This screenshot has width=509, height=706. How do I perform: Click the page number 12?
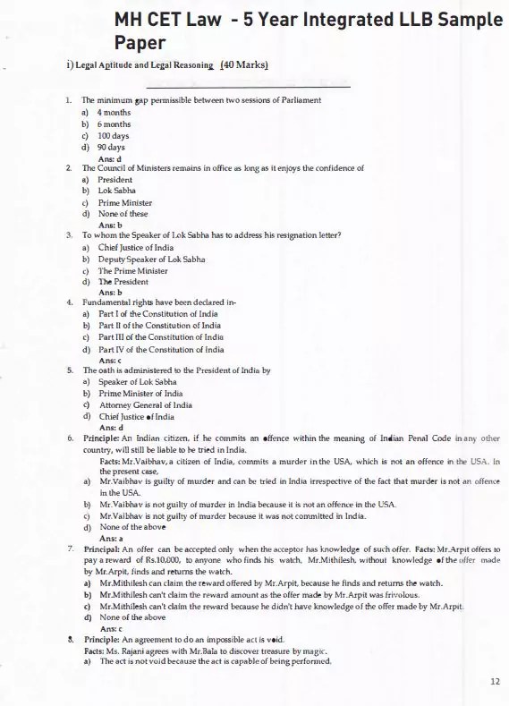pos(496,682)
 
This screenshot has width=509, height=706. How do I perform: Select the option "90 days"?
pos(111,147)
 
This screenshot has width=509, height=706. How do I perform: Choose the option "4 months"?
pos(114,113)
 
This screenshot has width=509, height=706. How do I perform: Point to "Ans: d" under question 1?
pos(109,157)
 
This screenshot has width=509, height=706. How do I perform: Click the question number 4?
pos(70,302)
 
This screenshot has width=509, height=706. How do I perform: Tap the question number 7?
pos(70,548)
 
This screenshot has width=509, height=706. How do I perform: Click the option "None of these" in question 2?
pos(123,214)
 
